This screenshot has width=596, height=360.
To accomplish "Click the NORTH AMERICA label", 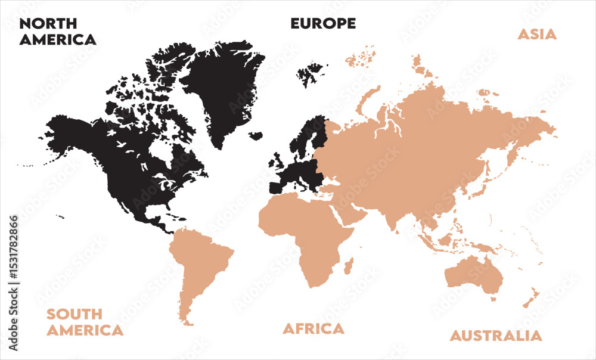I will click(57, 32).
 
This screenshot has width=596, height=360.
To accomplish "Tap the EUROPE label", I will click(323, 23).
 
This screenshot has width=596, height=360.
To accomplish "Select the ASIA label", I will click(536, 34).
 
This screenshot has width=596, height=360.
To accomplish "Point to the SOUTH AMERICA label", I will click(85, 322).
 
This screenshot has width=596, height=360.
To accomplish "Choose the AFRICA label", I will click(313, 328).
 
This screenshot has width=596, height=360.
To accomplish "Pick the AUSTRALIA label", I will click(496, 336).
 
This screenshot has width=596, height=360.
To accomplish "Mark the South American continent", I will click(200, 262).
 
